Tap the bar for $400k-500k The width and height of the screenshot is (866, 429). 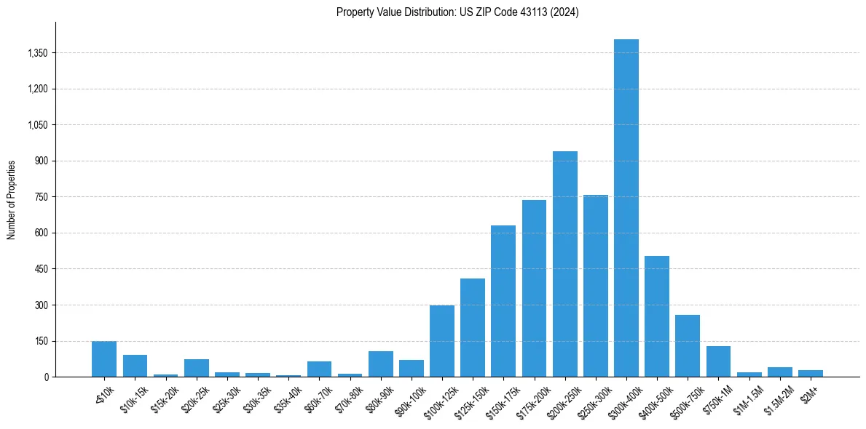click(x=656, y=316)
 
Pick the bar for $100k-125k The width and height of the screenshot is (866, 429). click(x=441, y=341)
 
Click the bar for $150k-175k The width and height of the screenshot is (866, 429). click(x=503, y=301)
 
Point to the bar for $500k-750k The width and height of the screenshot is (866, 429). click(x=687, y=346)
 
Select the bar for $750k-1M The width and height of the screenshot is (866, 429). click(x=717, y=361)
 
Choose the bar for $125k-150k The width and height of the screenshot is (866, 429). click(x=472, y=328)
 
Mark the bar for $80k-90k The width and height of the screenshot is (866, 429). click(x=380, y=364)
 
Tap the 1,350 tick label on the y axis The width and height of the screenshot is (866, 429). click(x=36, y=53)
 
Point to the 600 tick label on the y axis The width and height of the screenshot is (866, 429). click(x=41, y=233)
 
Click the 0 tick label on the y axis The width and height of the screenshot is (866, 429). click(x=45, y=377)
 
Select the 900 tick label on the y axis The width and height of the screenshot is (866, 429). click(x=41, y=161)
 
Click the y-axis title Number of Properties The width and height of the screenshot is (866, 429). click(x=12, y=200)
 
